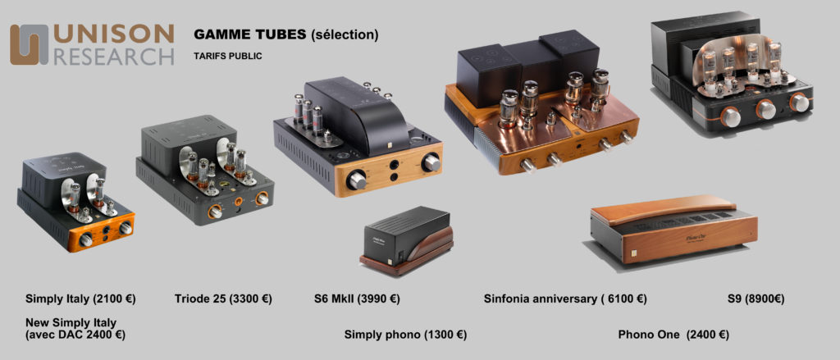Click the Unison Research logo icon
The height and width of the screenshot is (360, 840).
click(x=29, y=44)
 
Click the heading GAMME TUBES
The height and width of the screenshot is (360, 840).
click(x=249, y=34)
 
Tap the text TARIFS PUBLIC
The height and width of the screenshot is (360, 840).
click(x=228, y=56)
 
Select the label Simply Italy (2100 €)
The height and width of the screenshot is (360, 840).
click(x=80, y=299)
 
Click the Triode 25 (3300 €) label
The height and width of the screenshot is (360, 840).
click(x=223, y=299)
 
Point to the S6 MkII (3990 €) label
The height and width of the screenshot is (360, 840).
click(x=357, y=299)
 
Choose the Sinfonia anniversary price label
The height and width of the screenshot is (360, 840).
click(x=565, y=299)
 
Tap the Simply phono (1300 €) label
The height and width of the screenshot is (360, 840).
click(x=405, y=335)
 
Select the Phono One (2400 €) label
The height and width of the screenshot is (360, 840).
click(x=673, y=335)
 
